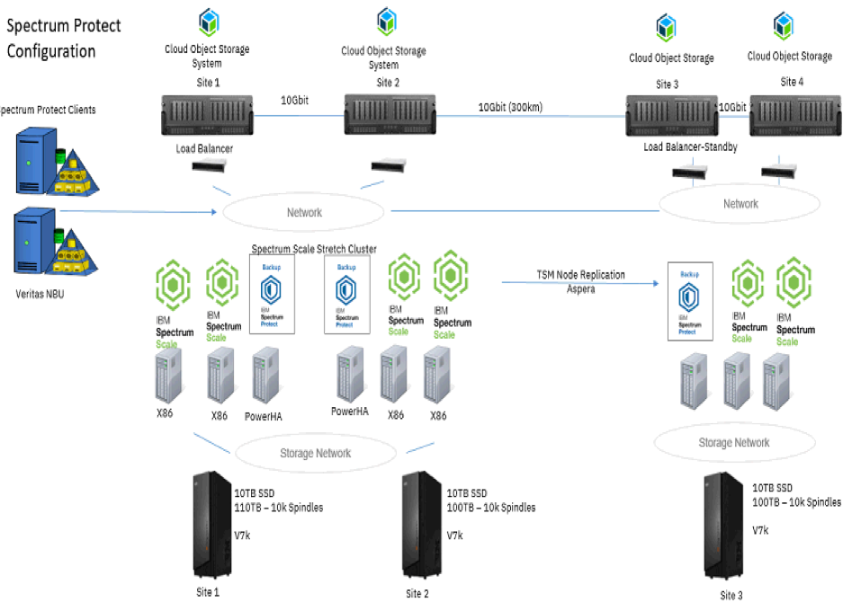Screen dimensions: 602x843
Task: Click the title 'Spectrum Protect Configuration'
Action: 63,39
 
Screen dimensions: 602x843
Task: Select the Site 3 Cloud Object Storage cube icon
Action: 667,27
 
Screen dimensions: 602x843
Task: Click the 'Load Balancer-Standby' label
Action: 690,146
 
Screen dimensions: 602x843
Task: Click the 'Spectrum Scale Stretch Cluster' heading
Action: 313,249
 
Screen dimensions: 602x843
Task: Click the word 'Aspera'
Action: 581,288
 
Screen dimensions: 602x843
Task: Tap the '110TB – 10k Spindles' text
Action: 278,508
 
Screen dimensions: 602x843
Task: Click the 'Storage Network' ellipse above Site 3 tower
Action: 734,442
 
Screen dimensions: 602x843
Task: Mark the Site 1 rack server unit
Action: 206,114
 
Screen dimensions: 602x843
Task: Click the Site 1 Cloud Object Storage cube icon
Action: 208,21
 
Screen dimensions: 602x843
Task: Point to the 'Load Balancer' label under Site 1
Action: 204,148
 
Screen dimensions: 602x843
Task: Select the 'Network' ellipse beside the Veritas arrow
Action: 303,213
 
